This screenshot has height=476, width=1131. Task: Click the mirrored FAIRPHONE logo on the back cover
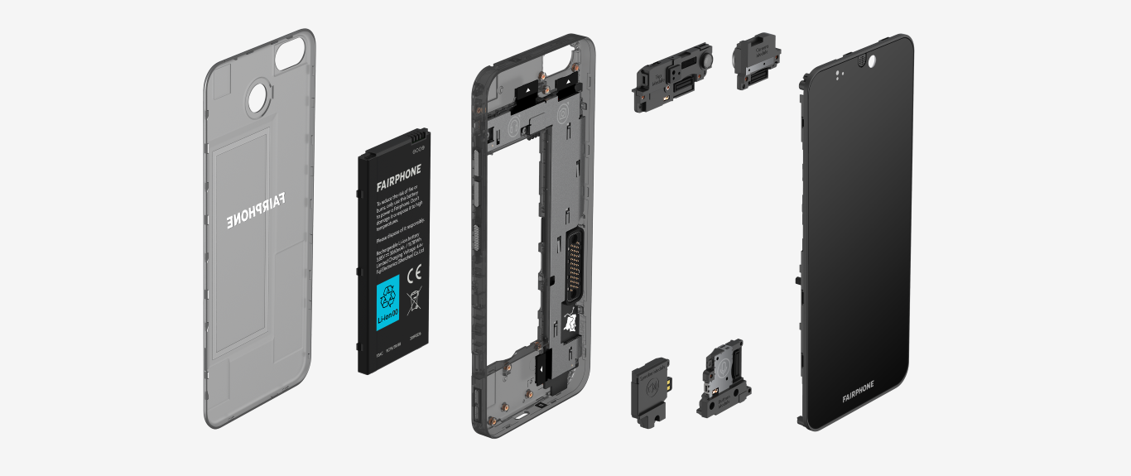point(255,209)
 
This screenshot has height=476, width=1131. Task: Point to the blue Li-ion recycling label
point(388,303)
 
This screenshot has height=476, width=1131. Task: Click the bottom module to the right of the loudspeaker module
point(721,380)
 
